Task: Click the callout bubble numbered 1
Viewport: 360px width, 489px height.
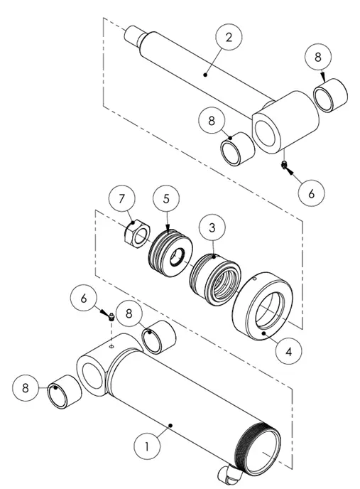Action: [x=148, y=449]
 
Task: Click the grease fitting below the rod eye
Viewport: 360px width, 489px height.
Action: [x=284, y=165]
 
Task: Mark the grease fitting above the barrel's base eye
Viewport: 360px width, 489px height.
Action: [x=111, y=318]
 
